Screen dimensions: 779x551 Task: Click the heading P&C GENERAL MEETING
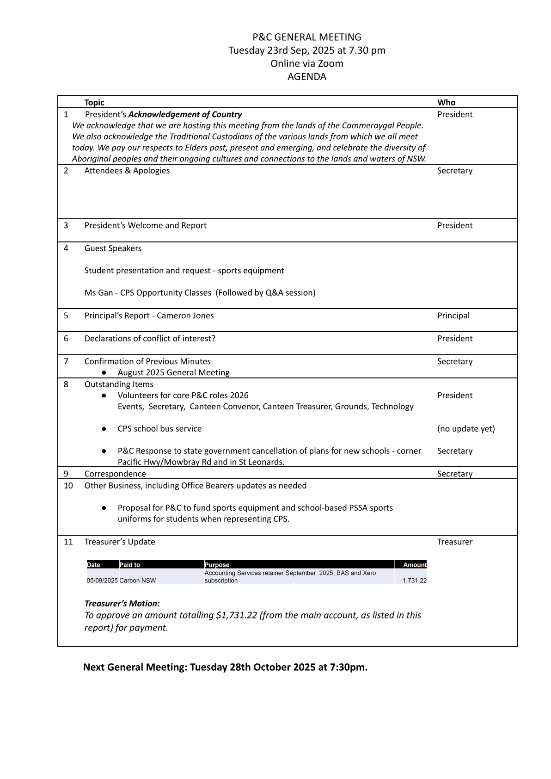[306, 37]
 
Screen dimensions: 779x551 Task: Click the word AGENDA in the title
[306, 77]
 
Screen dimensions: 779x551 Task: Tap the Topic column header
[94, 103]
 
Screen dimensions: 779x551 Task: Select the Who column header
[446, 103]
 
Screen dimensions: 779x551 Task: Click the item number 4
[66, 248]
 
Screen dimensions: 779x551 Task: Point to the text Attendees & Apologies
[127, 171]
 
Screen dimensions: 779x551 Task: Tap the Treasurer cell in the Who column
[455, 542]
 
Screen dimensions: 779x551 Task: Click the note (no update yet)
[466, 429]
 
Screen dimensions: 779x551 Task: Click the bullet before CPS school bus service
[104, 429]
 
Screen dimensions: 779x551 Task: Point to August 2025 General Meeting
[173, 372]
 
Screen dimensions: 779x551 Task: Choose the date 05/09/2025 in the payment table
[102, 581]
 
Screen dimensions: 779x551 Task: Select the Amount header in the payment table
[414, 565]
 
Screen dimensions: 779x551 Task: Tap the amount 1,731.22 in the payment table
[414, 581]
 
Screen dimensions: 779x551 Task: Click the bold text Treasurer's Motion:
[122, 604]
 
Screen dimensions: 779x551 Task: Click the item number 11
[68, 542]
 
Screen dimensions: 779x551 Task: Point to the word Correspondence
[115, 474]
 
